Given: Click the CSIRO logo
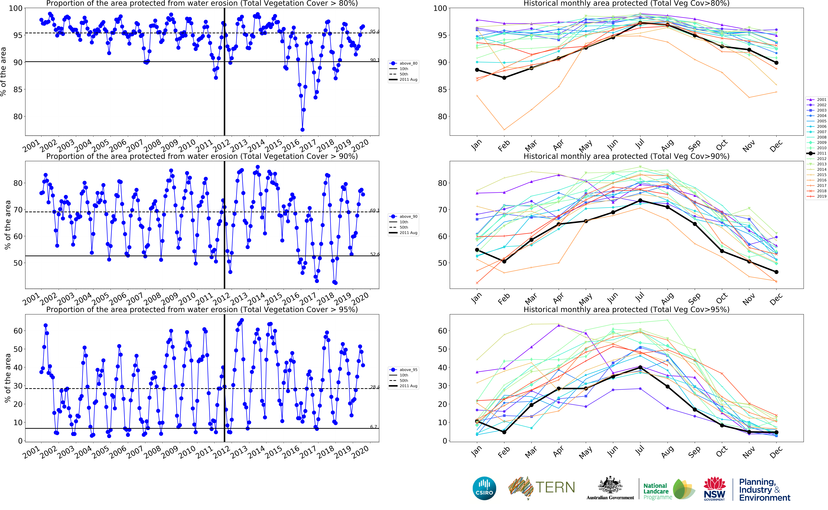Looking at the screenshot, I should pos(484,488).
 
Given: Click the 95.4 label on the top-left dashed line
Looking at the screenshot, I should pos(374,31).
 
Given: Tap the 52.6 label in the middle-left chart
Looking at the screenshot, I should pos(374,254).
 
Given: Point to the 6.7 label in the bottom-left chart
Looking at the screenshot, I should pos(373,427).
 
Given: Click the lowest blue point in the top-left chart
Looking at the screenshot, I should pos(303,129).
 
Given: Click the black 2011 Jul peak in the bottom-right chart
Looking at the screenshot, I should pos(640,367).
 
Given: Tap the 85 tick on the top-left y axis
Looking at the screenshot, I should pos(18,89).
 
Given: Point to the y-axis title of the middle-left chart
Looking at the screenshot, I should pos(7,225).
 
